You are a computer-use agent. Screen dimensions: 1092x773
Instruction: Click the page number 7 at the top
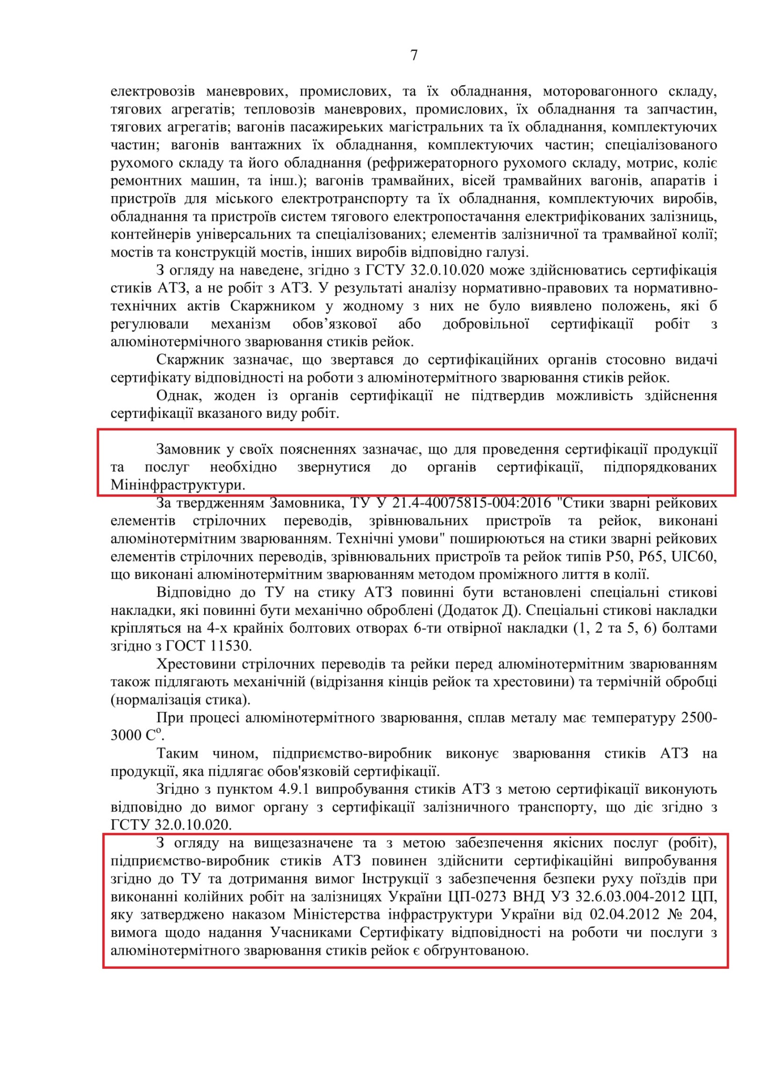[414, 56]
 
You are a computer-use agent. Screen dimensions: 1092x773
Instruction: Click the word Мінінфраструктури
[177, 484]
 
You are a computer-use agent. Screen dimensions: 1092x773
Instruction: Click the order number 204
[702, 914]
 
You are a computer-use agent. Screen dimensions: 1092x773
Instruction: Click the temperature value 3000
[126, 736]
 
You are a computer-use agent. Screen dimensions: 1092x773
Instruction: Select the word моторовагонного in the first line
[600, 91]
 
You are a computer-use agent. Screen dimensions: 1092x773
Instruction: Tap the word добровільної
[485, 324]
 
